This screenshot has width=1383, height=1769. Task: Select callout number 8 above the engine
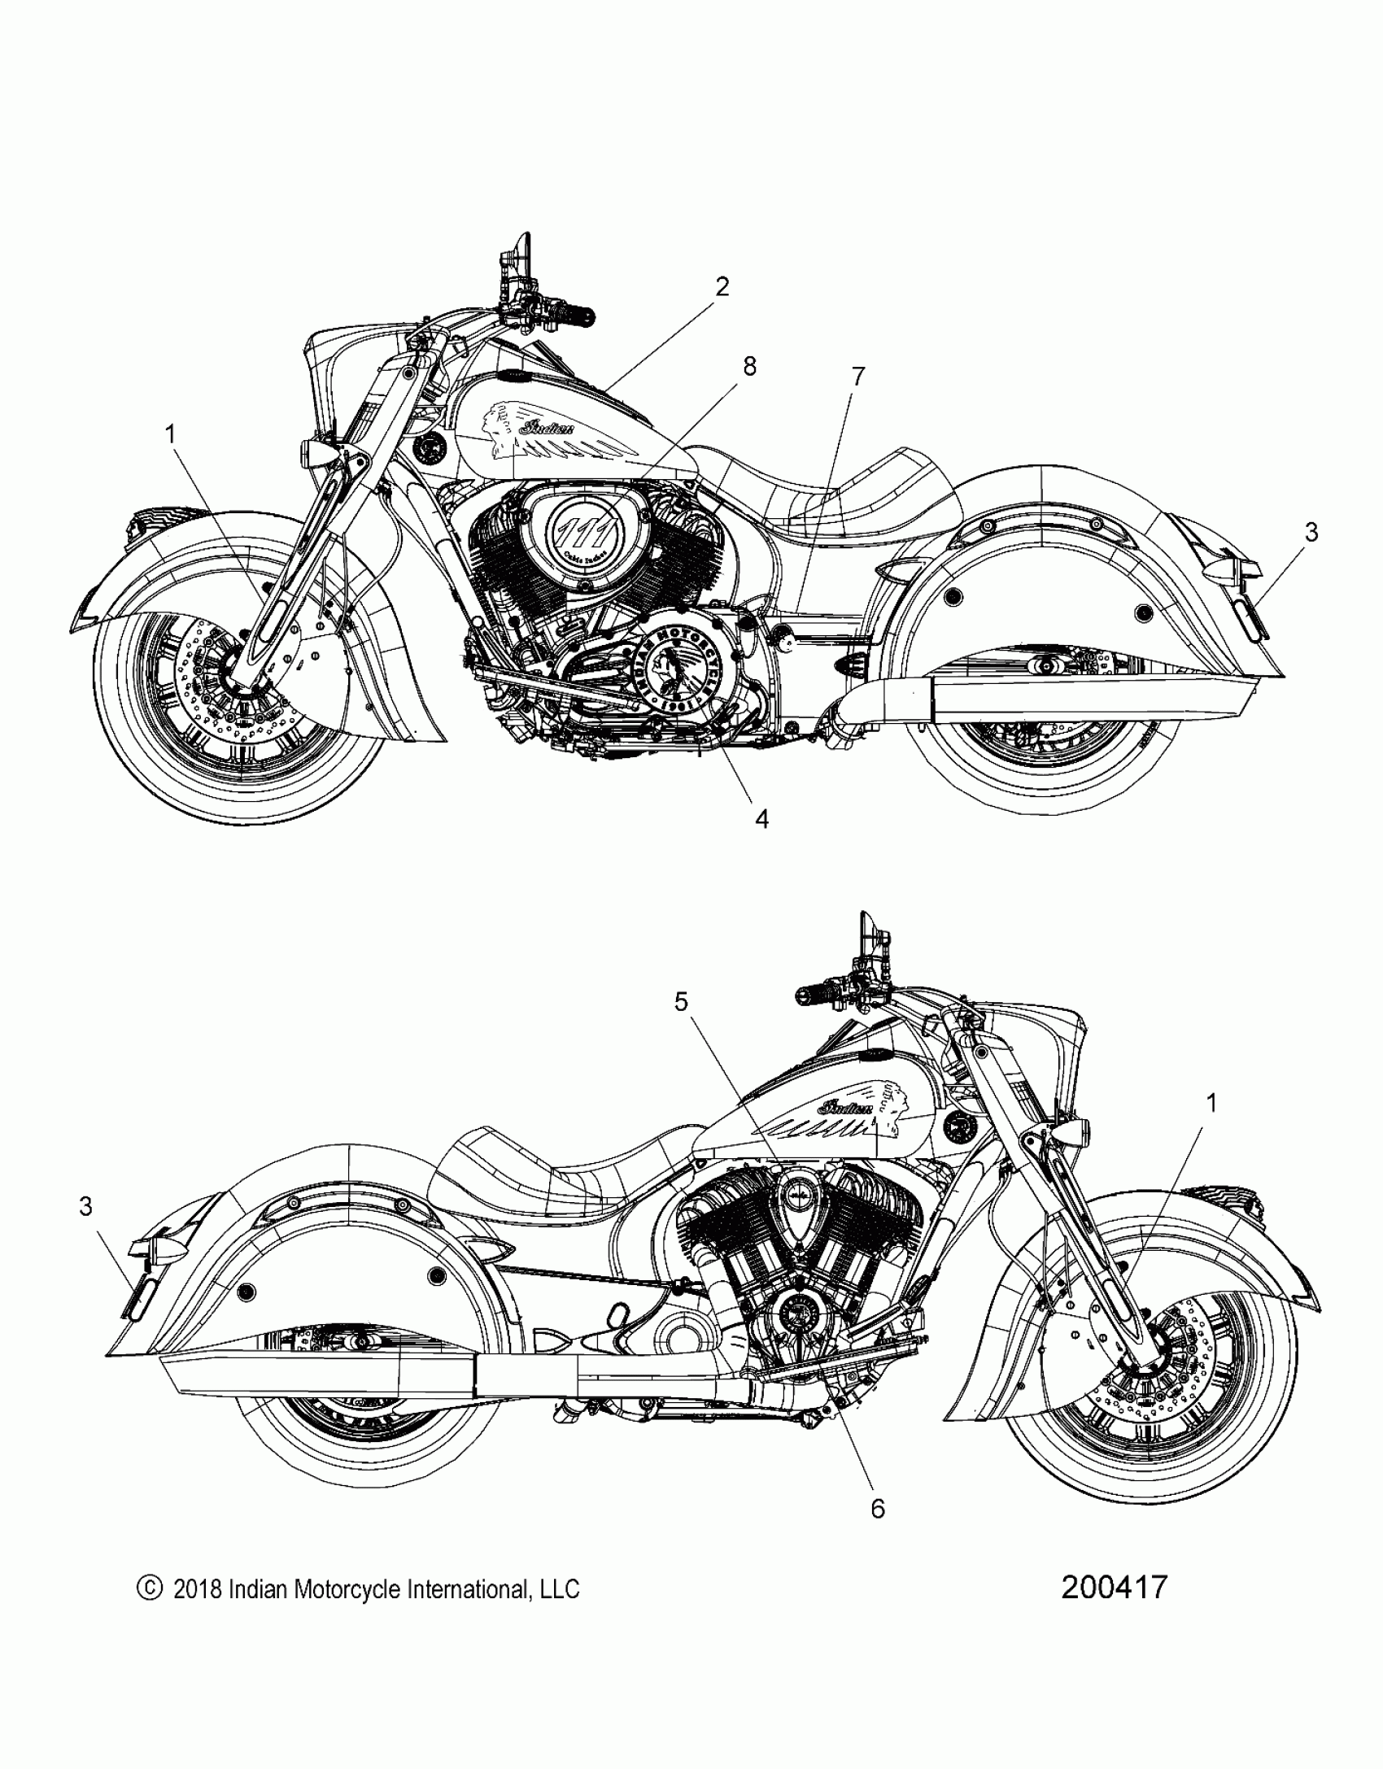pos(749,367)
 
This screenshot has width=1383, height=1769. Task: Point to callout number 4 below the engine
pos(761,819)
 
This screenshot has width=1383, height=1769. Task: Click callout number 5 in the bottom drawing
pos(681,1003)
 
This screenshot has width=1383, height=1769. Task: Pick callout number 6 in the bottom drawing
pos(877,1509)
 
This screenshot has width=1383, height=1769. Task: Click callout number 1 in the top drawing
pos(171,435)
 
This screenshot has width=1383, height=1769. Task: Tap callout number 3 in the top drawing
pos(1311,533)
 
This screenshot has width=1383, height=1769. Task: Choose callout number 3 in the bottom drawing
pos(86,1207)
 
